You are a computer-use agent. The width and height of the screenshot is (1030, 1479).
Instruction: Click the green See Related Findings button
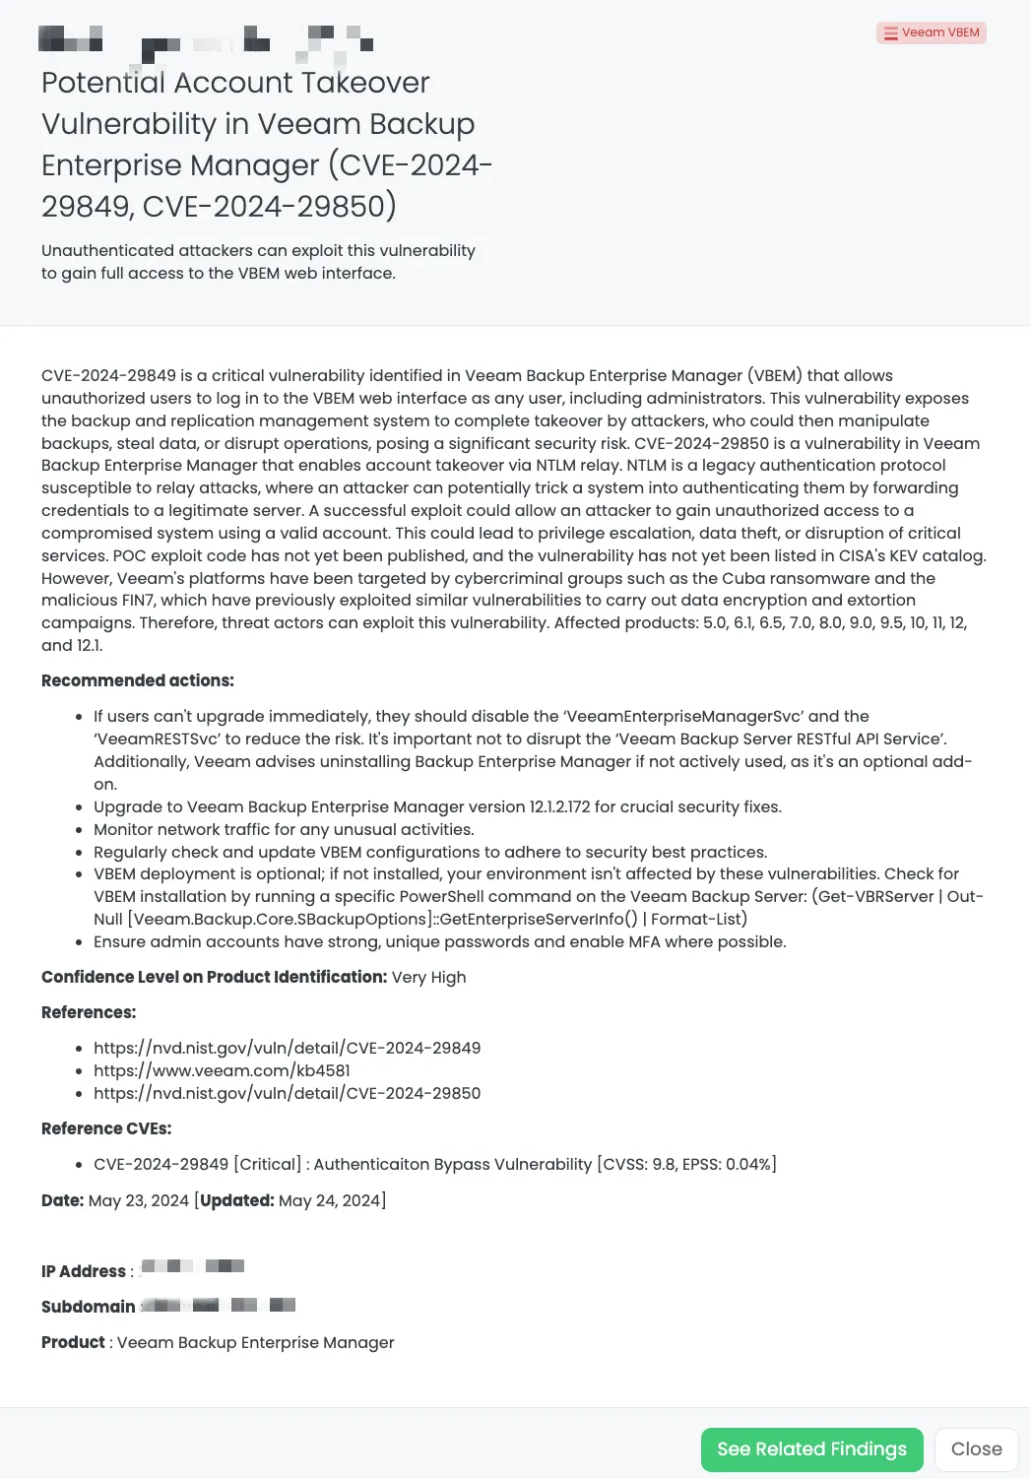click(x=811, y=1449)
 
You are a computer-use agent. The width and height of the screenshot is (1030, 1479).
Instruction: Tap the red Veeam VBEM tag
click(x=932, y=32)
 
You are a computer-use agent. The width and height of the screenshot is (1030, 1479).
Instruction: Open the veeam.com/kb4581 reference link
click(x=222, y=1070)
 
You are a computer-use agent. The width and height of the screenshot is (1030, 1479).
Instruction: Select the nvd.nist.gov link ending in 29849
click(x=287, y=1048)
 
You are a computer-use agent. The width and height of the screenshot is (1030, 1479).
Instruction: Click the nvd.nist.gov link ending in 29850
click(x=287, y=1093)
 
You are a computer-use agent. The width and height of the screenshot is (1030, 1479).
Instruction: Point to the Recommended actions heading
click(x=138, y=680)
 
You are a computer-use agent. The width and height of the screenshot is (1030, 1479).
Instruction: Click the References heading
click(x=89, y=1012)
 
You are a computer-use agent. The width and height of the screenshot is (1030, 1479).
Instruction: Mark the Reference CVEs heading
click(x=106, y=1128)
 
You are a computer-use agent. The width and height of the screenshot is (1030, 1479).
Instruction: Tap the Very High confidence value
click(x=428, y=977)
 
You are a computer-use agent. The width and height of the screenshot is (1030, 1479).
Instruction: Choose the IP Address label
click(x=84, y=1271)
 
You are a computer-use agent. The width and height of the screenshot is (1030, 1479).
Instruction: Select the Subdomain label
click(x=89, y=1307)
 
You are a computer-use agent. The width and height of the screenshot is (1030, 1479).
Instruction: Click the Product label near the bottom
click(x=73, y=1342)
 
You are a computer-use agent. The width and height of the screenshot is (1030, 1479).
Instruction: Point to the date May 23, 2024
click(x=138, y=1200)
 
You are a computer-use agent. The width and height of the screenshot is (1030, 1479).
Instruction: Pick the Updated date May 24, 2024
click(x=331, y=1200)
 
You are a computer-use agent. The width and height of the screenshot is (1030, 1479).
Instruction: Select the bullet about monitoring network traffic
click(x=284, y=829)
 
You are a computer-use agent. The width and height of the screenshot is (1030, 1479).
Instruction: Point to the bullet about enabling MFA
click(x=439, y=941)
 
